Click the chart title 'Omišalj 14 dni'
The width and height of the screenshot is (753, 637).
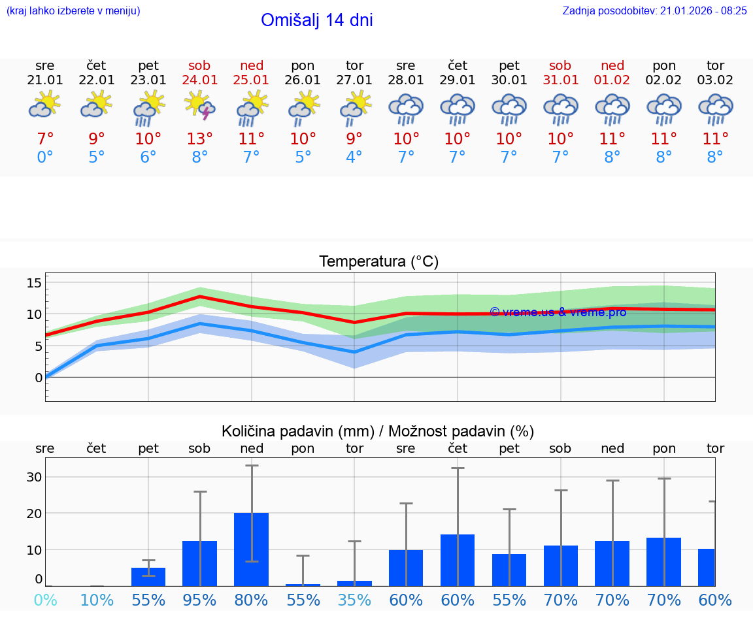point(316,20)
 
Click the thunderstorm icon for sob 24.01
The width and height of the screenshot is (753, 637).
point(200,106)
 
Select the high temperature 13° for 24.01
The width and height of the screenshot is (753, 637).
point(200,139)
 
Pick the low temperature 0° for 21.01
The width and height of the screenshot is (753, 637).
point(45,157)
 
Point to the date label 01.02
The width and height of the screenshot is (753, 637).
point(612,80)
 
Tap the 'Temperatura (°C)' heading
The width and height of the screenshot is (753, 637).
point(378,261)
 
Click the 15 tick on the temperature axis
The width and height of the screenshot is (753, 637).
point(35,283)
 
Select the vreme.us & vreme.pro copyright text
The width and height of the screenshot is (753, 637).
point(558,312)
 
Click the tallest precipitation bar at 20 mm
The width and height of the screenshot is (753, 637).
point(252,549)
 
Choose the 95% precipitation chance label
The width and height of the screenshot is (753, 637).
point(200,600)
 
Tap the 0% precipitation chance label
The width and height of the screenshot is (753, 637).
point(45,600)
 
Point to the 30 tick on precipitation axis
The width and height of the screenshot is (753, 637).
point(35,477)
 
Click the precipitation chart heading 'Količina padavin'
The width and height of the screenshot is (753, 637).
point(377,431)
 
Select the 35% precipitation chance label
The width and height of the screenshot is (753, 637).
point(354,600)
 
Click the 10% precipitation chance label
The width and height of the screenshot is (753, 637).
point(97,600)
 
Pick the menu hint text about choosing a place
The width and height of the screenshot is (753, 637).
point(73,10)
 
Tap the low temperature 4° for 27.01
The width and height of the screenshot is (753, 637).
point(354,157)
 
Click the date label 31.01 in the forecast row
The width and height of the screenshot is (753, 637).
point(560,80)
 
